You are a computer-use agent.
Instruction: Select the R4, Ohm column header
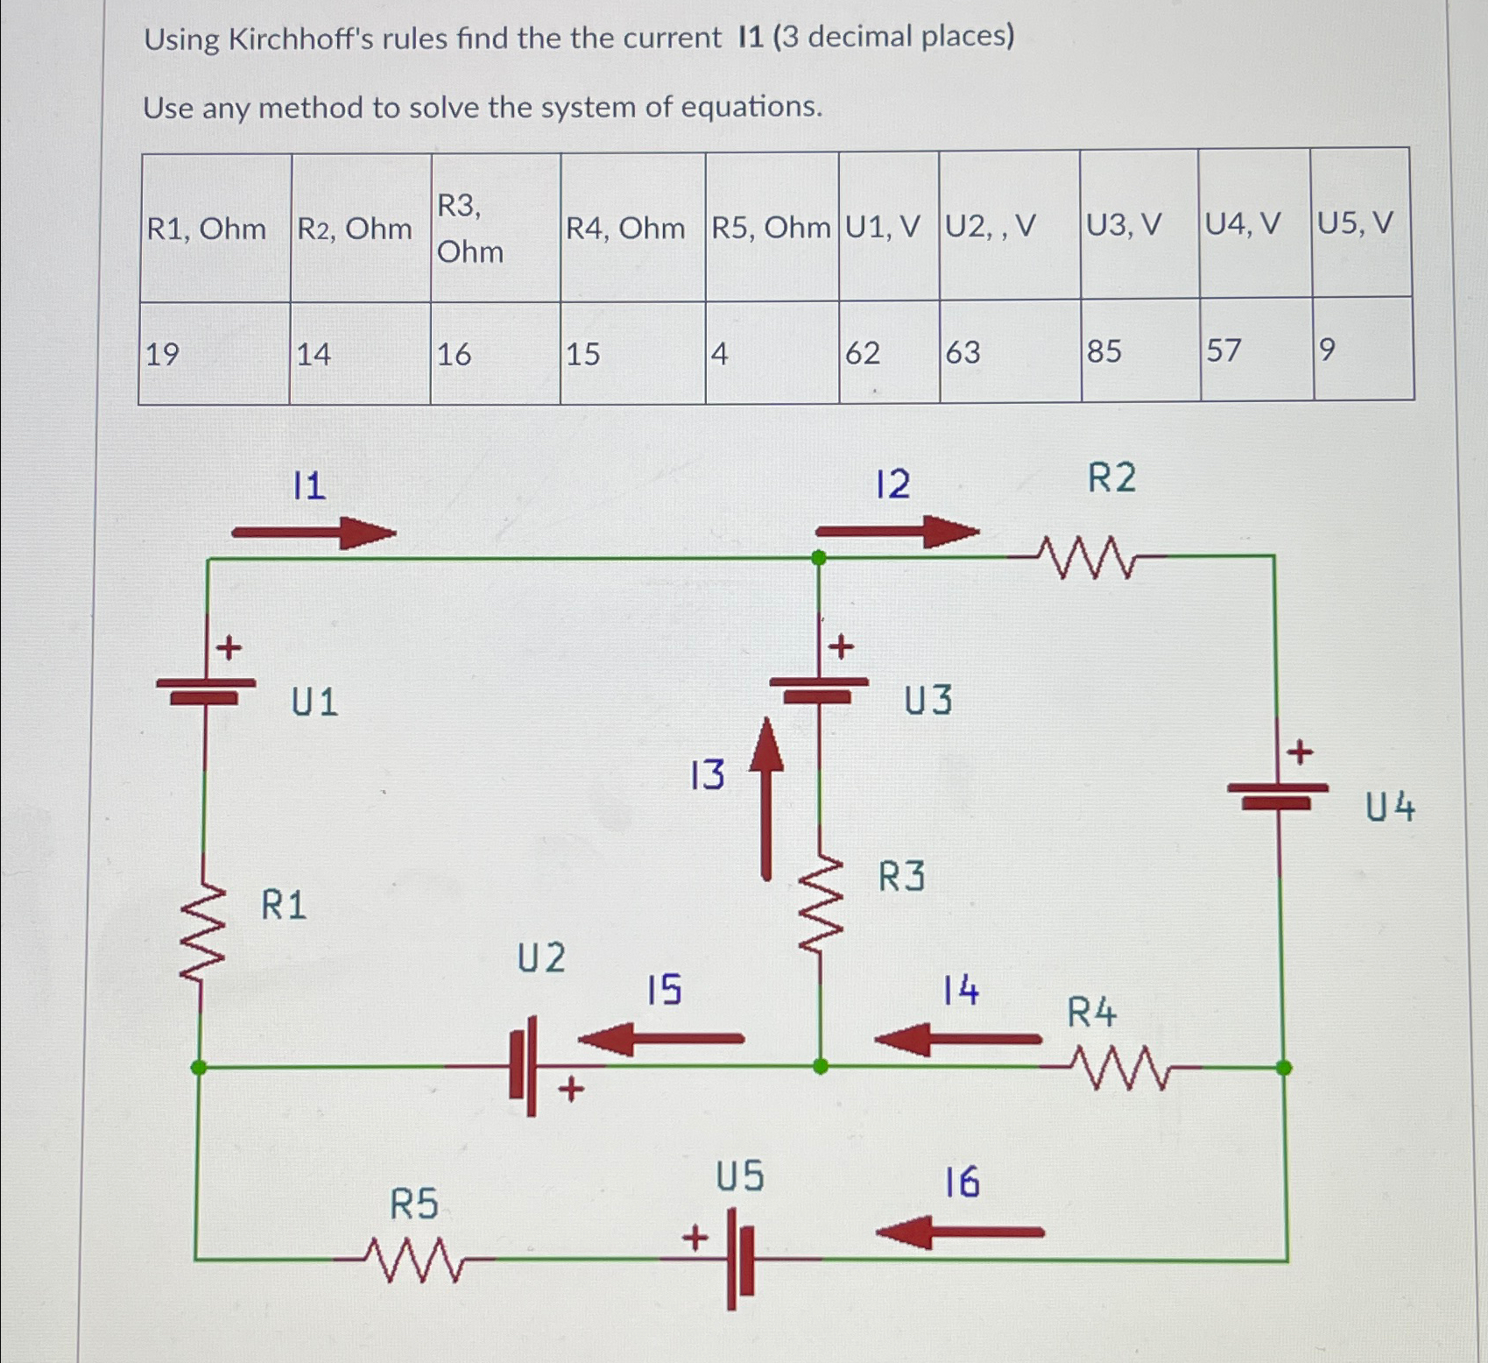pos(625,229)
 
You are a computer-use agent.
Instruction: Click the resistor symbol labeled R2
pos(1087,557)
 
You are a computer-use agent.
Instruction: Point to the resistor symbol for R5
pos(414,1260)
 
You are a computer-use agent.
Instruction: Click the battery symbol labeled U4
pos(1278,794)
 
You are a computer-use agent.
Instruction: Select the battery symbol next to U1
pos(206,690)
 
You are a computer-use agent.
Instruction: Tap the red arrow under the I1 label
pos(314,533)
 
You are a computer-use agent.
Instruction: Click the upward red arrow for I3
pos(767,797)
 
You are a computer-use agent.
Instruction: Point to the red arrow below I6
pos(960,1232)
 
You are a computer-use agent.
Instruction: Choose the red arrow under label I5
pos(661,1040)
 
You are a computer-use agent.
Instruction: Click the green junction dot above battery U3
pos(819,558)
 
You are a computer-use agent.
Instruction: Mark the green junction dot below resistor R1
pos(199,1067)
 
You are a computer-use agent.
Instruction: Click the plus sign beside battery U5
pos(695,1239)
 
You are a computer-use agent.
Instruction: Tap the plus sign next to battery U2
pos(571,1090)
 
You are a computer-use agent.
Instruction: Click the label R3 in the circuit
pos(901,876)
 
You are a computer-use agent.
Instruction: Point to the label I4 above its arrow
pos(961,991)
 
